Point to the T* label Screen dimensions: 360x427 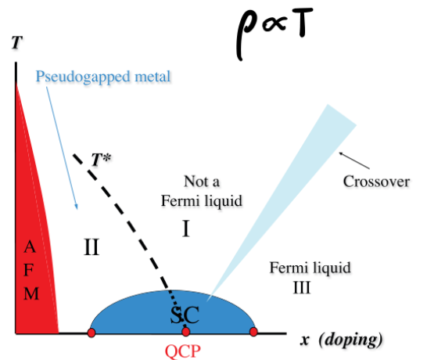pos(100,160)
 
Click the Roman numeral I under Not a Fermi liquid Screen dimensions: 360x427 pos(186,229)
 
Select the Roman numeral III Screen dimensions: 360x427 pos(302,287)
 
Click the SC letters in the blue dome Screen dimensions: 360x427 pos(185,315)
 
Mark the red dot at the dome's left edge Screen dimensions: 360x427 pos(91,333)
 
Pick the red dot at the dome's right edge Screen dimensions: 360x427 pos(253,333)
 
